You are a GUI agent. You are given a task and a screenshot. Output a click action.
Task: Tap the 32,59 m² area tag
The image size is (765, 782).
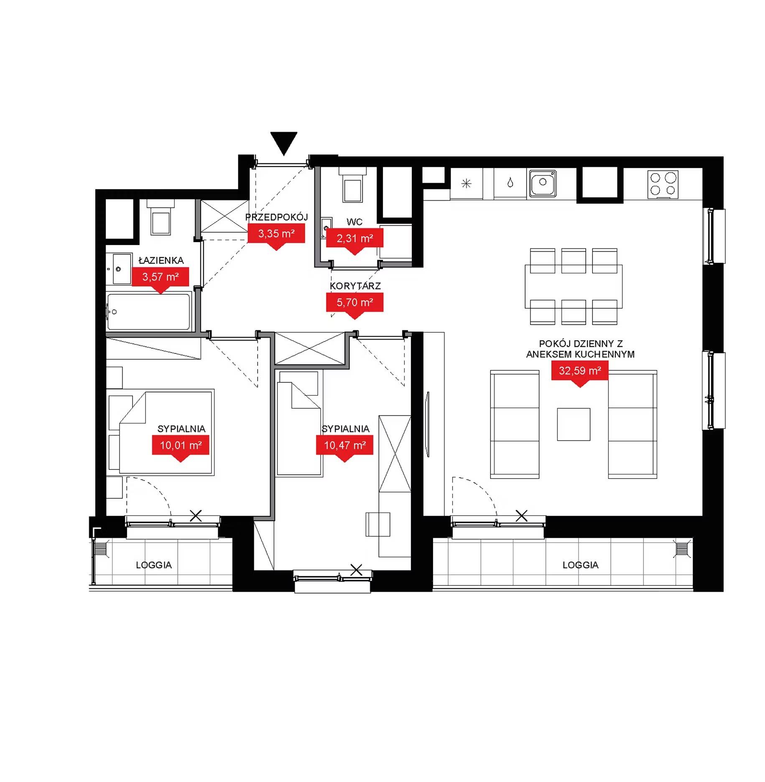point(580,372)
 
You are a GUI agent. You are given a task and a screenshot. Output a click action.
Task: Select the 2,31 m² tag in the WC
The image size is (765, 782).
point(355,239)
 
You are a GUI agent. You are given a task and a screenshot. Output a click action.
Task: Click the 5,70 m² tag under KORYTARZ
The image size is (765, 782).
point(354,303)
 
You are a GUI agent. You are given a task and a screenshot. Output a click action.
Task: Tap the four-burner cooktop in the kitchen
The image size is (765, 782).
point(663,184)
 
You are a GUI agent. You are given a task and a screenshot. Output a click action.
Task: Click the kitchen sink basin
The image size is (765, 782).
point(543,183)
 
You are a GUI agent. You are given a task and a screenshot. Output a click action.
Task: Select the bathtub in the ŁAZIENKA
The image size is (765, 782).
point(149,312)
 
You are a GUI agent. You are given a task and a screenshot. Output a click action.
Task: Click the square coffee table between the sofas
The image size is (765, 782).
point(574,424)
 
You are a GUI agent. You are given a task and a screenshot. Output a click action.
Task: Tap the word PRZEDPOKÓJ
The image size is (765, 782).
point(276,217)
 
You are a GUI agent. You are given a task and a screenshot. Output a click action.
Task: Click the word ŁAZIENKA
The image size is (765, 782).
point(161,260)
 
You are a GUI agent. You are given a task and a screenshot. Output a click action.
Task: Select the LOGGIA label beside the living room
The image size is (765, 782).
point(580,565)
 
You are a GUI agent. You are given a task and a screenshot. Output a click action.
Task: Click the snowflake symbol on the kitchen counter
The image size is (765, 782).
point(467,183)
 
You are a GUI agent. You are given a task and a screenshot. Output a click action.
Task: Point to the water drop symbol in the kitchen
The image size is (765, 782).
point(510,183)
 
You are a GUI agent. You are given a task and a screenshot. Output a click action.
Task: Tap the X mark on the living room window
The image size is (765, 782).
point(521,516)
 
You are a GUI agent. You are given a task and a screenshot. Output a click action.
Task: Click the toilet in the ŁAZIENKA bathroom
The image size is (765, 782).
point(161,217)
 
